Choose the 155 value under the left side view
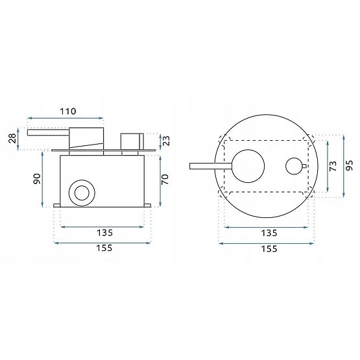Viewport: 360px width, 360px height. coord(104,248)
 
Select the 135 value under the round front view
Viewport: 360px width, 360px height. coord(269,232)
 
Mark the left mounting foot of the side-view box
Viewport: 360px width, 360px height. coord(57,206)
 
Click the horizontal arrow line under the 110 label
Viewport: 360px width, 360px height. coord(65,119)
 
